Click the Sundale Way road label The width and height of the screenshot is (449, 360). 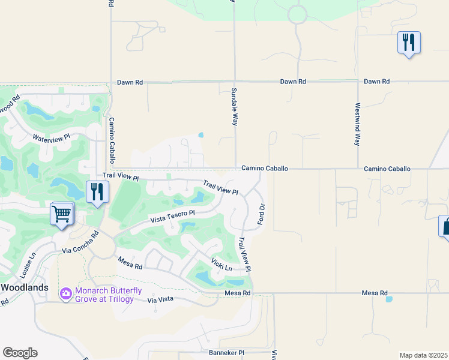point(234,107)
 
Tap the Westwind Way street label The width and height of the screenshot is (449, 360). point(357,124)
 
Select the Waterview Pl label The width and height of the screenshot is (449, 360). point(52,137)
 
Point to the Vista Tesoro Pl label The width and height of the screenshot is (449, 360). point(172,216)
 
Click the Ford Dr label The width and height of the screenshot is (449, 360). point(261,214)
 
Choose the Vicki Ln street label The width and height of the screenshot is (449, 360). point(221,264)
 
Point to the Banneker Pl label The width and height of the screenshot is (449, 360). point(226,352)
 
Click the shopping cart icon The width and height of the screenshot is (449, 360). point(62,214)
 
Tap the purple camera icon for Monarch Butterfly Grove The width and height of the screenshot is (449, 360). point(65,294)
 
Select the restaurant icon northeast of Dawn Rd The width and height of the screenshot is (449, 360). point(408,42)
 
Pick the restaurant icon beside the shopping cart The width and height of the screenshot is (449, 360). point(97,192)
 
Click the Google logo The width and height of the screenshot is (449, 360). point(20,353)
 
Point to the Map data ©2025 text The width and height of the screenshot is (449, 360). point(423,355)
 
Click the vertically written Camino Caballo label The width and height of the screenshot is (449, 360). point(111,140)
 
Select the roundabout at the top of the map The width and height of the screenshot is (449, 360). point(297,14)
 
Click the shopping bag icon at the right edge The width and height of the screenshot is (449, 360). point(445,226)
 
